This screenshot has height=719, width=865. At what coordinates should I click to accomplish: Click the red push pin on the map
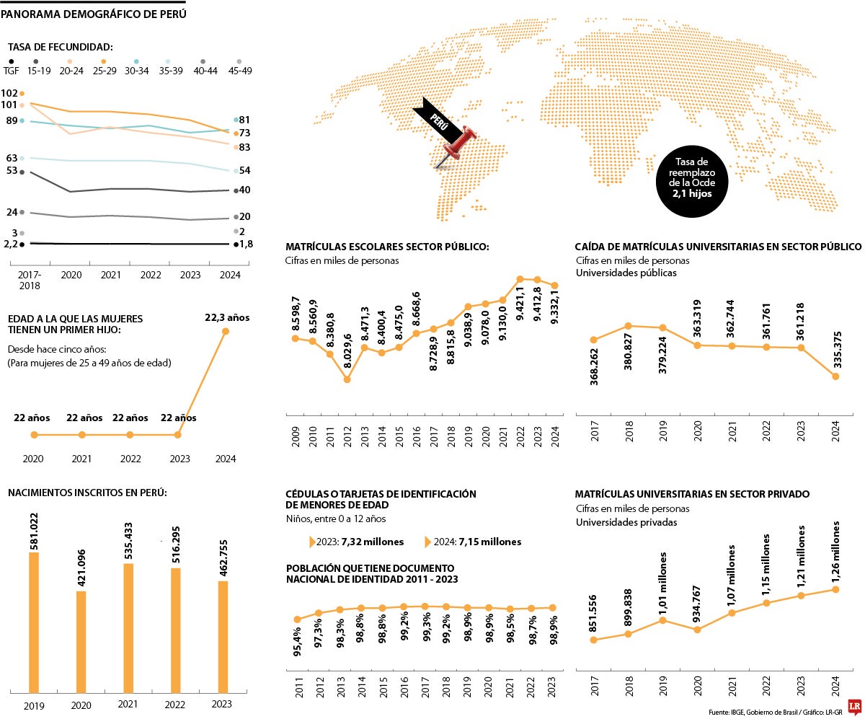click(461, 143)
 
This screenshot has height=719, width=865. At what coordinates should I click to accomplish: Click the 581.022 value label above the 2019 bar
click(34, 532)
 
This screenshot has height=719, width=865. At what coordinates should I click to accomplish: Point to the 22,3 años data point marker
click(226, 331)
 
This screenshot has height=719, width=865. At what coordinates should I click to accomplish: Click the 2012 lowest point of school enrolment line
click(347, 379)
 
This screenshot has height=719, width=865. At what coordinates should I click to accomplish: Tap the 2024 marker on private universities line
click(835, 589)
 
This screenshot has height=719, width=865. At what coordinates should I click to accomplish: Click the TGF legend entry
click(12, 70)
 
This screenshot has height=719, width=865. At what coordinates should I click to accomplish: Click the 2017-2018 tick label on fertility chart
click(30, 280)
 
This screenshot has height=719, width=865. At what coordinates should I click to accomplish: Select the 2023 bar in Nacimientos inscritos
click(223, 637)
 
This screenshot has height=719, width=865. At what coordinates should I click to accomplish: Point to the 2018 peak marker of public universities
click(628, 326)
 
